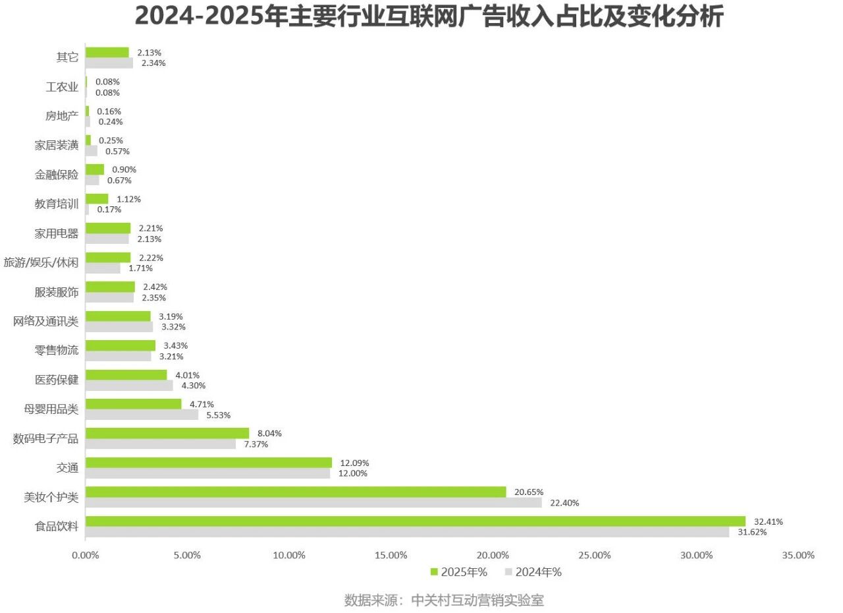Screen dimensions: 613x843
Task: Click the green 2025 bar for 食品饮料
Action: (x=415, y=521)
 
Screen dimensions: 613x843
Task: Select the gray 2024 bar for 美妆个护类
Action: (x=313, y=503)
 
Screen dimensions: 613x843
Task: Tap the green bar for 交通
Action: (x=208, y=463)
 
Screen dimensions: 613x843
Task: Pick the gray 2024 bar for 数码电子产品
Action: (x=161, y=444)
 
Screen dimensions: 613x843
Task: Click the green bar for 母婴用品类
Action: (x=133, y=404)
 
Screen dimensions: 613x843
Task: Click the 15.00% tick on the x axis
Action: (x=391, y=555)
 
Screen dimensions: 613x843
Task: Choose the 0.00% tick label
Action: (x=85, y=555)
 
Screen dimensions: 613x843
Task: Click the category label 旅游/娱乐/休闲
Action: (x=41, y=263)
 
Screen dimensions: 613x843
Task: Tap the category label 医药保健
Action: (x=57, y=380)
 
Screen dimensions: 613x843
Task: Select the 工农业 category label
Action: (x=62, y=87)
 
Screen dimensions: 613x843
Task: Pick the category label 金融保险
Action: (x=57, y=175)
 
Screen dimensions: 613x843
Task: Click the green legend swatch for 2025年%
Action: (x=434, y=572)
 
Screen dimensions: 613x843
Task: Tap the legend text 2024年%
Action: (x=538, y=572)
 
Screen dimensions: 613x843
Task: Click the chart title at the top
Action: (x=429, y=16)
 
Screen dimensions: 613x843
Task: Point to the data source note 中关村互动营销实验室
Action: (x=477, y=600)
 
